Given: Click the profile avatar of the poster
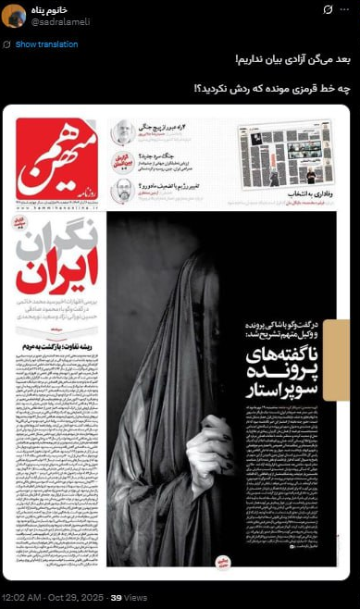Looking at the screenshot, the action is [14, 16].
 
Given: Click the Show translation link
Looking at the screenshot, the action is [46, 44].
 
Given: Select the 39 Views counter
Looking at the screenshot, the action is [122, 597].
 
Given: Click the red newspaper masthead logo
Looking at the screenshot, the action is [56, 158].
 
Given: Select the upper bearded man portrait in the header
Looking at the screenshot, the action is [121, 133].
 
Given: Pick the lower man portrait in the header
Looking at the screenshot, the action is [121, 192].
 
